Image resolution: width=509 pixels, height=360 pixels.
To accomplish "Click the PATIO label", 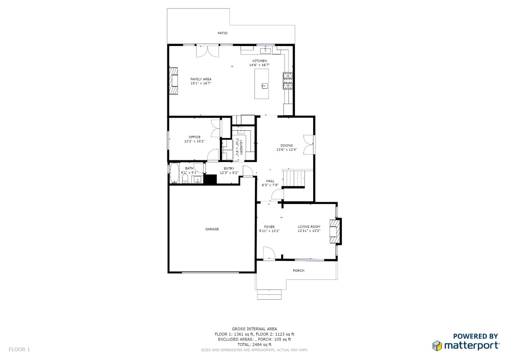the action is [222, 33].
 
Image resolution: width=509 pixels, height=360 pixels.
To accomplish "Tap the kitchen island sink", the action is [264, 86].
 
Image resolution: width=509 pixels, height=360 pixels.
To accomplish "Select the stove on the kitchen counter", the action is [287, 81].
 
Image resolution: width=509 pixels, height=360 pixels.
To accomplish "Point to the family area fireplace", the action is [173, 81].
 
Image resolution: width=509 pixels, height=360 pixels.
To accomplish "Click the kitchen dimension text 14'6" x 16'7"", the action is [259, 65].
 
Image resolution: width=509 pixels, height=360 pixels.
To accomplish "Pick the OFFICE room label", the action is [194, 137].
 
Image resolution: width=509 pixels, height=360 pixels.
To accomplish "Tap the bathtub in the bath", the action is [175, 173].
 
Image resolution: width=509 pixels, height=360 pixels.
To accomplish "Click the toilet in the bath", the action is [186, 179].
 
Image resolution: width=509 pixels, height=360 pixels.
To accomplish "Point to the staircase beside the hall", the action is [295, 179].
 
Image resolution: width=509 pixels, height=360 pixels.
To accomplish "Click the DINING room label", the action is [287, 145].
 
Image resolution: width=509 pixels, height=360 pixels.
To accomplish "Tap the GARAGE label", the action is [212, 229].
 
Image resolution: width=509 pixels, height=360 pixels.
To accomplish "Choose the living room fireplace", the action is [335, 231].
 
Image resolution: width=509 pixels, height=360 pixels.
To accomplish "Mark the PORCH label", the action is [299, 271].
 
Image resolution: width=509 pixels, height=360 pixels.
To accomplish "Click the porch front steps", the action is [269, 294].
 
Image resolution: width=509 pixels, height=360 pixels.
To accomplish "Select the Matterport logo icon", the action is [437, 346].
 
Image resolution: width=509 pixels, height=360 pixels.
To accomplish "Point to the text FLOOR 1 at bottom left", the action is [19, 349].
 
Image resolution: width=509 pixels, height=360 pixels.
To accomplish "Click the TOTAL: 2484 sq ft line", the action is [254, 344].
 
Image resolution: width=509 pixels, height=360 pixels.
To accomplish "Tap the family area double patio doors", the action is [208, 51].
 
